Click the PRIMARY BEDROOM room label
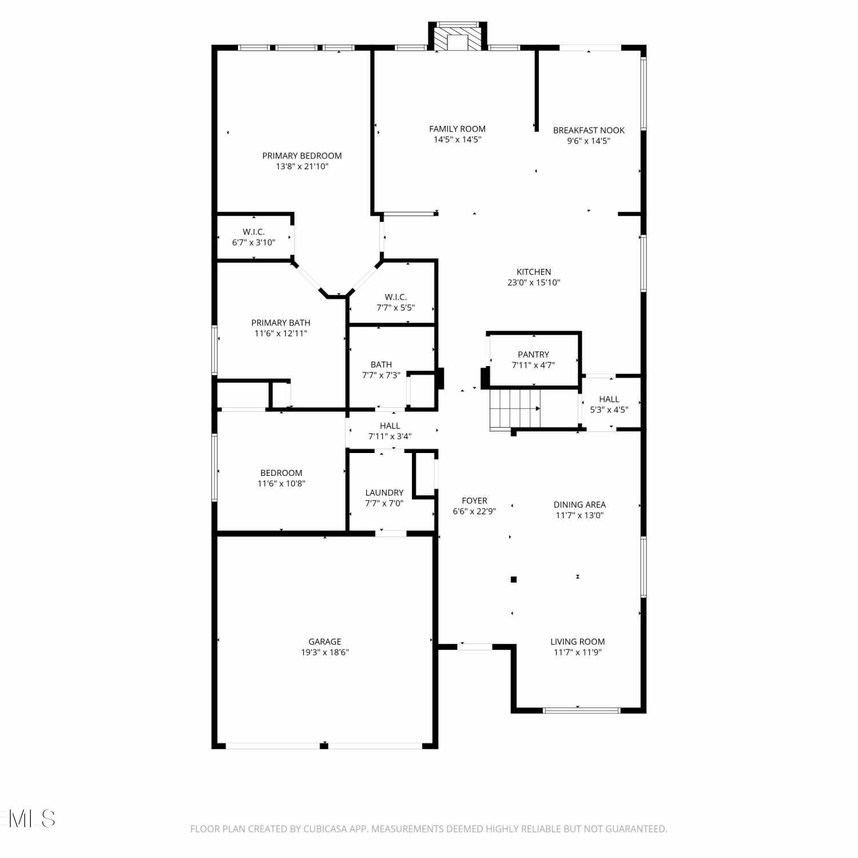tap(302, 156)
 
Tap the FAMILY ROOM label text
tap(457, 129)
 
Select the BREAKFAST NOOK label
tap(589, 130)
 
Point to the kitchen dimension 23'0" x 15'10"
tap(534, 283)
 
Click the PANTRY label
tap(533, 355)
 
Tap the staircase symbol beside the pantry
tap(515, 408)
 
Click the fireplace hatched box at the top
tap(458, 39)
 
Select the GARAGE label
tap(325, 642)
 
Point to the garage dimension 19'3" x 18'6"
tap(325, 653)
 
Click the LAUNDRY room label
tap(384, 492)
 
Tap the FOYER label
tap(474, 500)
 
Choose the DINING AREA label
tap(579, 505)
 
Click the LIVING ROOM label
tap(578, 642)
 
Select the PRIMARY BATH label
tap(281, 323)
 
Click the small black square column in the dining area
tap(514, 579)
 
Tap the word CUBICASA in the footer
tap(325, 829)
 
